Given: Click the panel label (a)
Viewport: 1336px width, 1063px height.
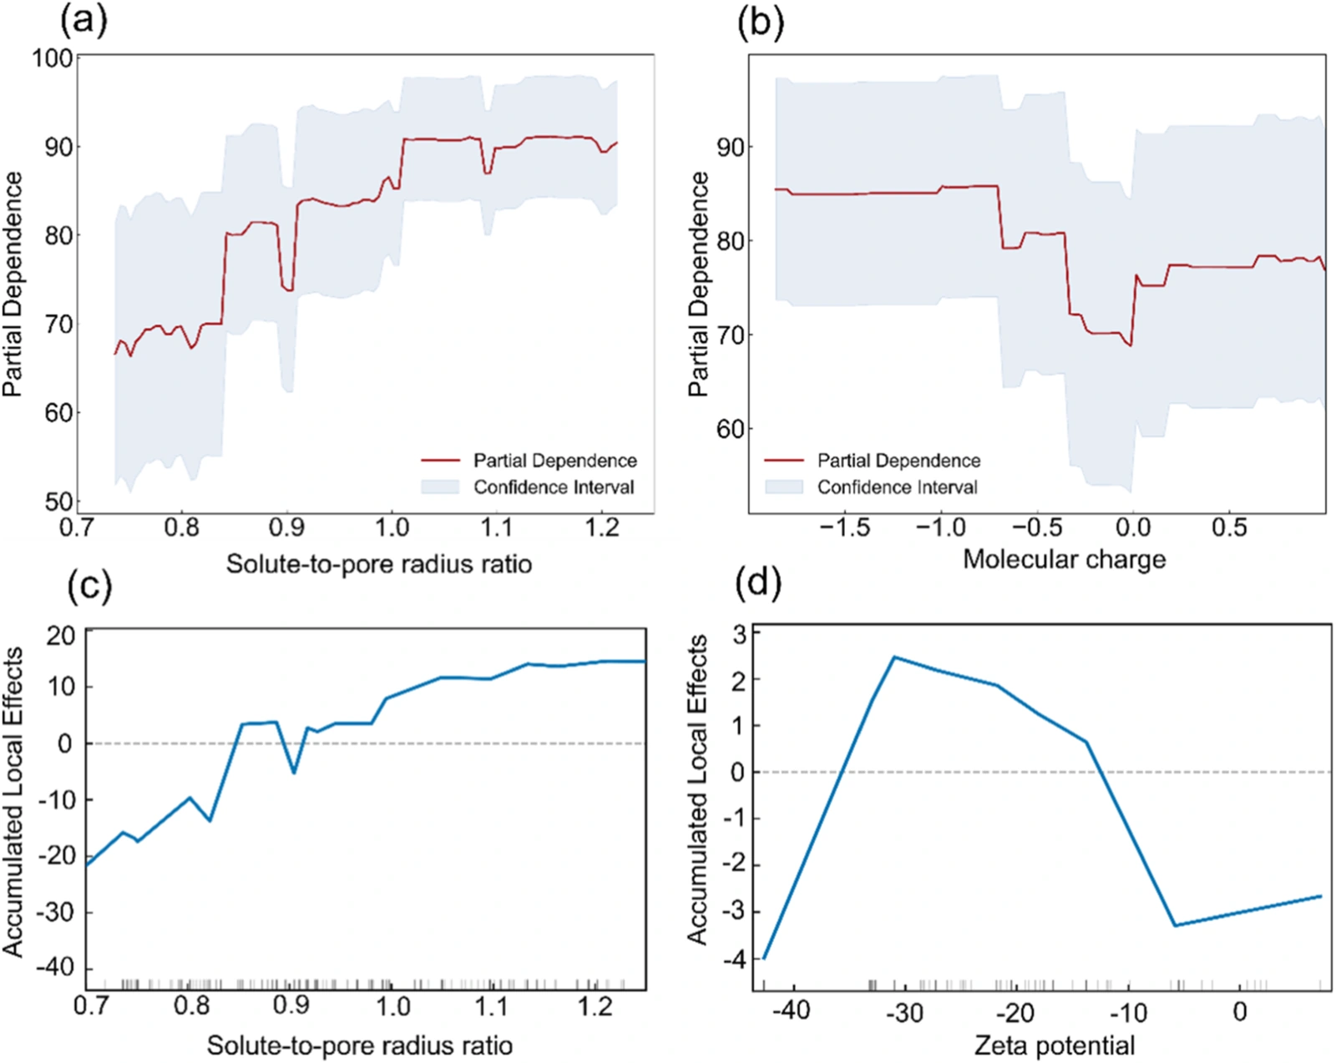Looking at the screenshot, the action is point(83,23).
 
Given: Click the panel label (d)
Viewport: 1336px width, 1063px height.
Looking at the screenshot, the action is point(758,584).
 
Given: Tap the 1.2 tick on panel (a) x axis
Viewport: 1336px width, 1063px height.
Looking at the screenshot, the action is point(601,528).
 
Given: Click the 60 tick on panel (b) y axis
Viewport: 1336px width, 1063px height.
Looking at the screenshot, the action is point(730,429).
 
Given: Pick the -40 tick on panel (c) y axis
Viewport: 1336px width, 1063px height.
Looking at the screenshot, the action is point(56,969).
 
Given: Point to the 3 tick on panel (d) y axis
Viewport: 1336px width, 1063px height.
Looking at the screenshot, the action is point(738,632).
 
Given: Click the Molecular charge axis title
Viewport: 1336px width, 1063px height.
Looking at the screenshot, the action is point(1064,560).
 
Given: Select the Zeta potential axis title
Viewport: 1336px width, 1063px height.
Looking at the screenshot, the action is point(1054,1045).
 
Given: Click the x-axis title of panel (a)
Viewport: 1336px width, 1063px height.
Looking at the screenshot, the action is point(379,564).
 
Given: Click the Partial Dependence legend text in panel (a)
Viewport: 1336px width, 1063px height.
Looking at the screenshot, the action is point(555,461).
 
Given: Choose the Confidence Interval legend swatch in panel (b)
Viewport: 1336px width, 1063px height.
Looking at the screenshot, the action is point(784,486).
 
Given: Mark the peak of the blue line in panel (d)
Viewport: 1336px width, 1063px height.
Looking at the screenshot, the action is point(894,657).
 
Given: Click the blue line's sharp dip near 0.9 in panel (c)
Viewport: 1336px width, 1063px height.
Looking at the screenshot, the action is point(294,773).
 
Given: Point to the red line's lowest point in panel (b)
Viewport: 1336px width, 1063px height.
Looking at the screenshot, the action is point(1131,345).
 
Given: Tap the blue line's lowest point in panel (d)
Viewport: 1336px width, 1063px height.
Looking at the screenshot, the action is point(764,959).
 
